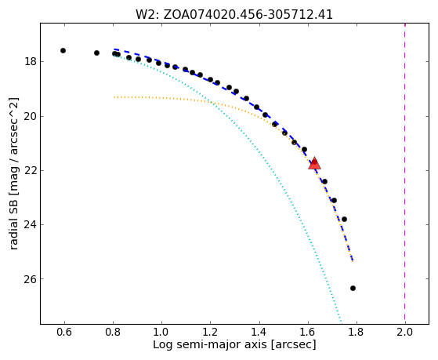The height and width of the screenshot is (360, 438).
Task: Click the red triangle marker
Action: click(x=314, y=164)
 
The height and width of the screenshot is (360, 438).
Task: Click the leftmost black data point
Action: click(x=63, y=51)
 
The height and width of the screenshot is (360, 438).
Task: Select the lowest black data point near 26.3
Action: click(x=353, y=288)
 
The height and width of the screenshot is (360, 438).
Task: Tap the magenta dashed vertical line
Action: click(x=405, y=173)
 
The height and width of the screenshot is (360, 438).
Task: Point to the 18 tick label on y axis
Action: click(x=30, y=61)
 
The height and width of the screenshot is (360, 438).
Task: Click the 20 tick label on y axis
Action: click(x=30, y=116)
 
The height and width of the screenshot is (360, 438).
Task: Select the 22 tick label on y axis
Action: click(x=30, y=170)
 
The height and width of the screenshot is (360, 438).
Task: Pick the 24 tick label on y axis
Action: click(x=30, y=224)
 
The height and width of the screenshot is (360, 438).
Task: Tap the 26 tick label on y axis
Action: click(x=30, y=279)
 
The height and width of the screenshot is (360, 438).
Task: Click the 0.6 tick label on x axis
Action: click(x=64, y=332)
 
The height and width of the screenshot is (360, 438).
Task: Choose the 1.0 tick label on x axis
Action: click(x=161, y=332)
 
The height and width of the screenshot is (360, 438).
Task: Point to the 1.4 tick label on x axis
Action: click(x=259, y=332)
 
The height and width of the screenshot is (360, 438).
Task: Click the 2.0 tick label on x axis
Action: click(x=405, y=332)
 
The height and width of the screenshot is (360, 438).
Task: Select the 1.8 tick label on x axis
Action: click(x=357, y=332)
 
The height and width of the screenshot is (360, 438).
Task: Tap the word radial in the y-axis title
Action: click(x=13, y=235)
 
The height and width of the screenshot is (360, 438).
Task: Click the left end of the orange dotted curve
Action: click(x=114, y=97)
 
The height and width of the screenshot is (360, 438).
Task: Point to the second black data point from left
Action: click(x=96, y=53)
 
